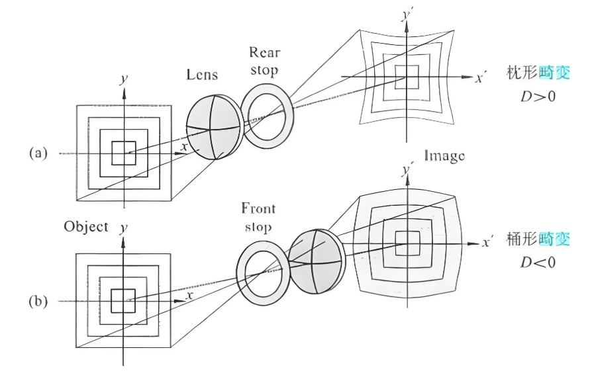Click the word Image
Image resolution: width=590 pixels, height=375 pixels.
pyautogui.click(x=444, y=156)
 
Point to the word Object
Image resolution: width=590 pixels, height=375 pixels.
pyautogui.click(x=86, y=226)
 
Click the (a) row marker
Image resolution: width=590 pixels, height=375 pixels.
pyautogui.click(x=38, y=153)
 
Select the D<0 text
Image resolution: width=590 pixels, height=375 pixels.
pyautogui.click(x=536, y=262)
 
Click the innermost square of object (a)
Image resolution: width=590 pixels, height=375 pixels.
pyautogui.click(x=123, y=153)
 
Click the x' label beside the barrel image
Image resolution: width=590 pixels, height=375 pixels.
pyautogui.click(x=487, y=242)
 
